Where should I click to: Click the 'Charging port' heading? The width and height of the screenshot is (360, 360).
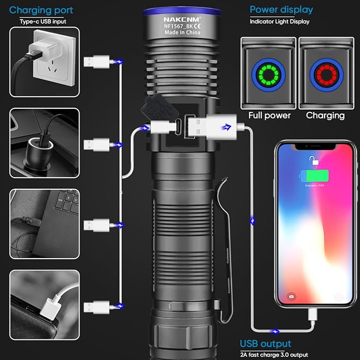click(x=41, y=10)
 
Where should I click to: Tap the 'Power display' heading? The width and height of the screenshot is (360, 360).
click(x=281, y=10)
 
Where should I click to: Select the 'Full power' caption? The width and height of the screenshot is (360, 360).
click(x=269, y=116)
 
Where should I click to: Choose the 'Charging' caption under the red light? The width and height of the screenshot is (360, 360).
click(x=325, y=116)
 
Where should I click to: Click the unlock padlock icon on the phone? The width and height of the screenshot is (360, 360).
click(x=314, y=160)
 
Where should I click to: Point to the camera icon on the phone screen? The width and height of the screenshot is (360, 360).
click(x=291, y=296)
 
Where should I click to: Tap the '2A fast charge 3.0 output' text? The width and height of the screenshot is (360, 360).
click(x=274, y=354)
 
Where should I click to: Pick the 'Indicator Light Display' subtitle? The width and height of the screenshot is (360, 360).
click(x=279, y=21)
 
